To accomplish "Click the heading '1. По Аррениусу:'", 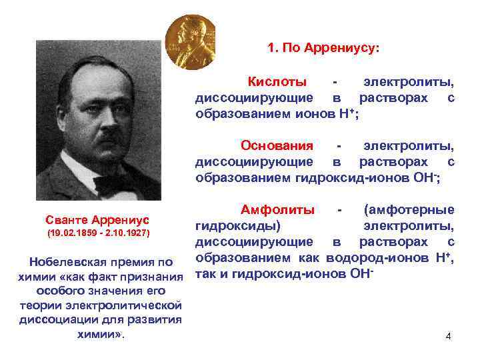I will pos(323,48).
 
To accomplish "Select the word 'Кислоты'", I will pos(277,82).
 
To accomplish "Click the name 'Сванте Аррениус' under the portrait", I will pos(97,219).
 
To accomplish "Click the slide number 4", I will pos(448,336).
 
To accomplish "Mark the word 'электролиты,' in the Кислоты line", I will pos(409,82).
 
